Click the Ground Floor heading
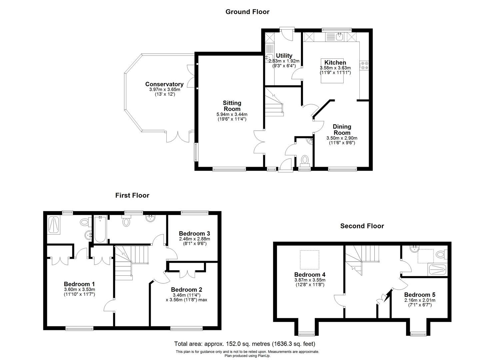(x=247, y=12)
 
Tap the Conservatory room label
(x=164, y=84)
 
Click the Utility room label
(x=284, y=56)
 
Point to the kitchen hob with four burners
(x=364, y=65)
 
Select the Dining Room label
(x=342, y=129)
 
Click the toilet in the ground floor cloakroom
(x=305, y=160)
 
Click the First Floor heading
(x=132, y=195)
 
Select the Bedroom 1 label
(x=79, y=284)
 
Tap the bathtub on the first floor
(x=100, y=229)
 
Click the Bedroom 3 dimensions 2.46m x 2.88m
(x=194, y=239)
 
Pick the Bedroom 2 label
(x=186, y=290)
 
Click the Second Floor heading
(x=362, y=226)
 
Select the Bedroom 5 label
(x=420, y=295)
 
